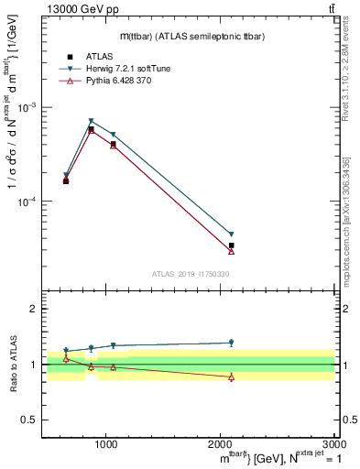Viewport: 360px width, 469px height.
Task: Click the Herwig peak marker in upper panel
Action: click(91, 121)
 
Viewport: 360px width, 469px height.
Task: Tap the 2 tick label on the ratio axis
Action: click(34, 310)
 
